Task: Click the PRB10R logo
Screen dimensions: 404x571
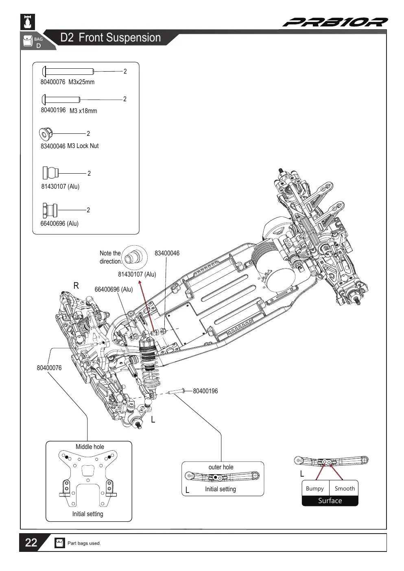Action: click(335, 22)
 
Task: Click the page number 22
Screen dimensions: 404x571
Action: click(31, 543)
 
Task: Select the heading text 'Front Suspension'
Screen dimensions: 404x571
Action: click(120, 37)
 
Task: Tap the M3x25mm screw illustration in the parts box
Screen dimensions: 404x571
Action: click(68, 71)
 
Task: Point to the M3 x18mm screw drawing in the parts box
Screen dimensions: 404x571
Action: click(61, 99)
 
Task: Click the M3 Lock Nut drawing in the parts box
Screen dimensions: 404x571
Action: click(46, 134)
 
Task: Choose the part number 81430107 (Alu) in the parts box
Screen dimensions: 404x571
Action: click(60, 187)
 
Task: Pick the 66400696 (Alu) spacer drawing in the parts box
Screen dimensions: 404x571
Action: click(50, 210)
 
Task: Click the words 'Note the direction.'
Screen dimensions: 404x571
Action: click(111, 257)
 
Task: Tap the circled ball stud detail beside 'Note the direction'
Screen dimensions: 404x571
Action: click(134, 257)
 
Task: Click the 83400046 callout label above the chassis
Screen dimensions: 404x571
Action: click(167, 253)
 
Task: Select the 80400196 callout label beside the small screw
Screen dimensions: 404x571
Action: click(205, 391)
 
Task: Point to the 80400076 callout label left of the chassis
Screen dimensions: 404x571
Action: click(49, 368)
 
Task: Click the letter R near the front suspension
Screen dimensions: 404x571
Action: click(76, 286)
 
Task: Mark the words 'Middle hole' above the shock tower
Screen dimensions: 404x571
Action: click(90, 447)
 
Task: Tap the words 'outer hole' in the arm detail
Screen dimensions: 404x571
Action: click(221, 467)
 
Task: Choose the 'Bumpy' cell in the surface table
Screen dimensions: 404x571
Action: click(315, 488)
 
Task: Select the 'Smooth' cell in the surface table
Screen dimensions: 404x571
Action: click(344, 488)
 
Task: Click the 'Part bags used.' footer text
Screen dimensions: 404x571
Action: click(84, 543)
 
